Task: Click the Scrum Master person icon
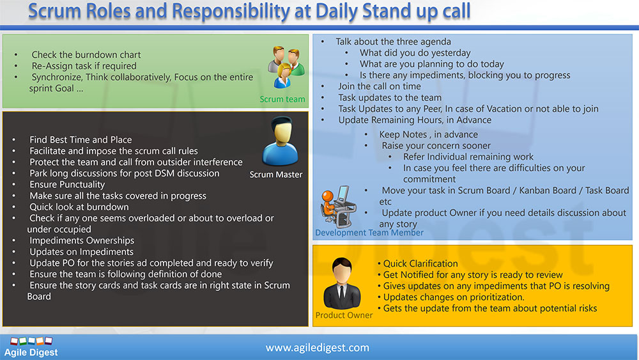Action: pos(280,141)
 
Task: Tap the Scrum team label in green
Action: pos(282,99)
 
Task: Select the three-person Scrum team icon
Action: pos(286,67)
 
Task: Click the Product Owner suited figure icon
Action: pos(342,283)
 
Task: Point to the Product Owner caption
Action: pos(344,315)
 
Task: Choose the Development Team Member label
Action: pos(369,233)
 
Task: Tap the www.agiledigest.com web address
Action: pos(318,348)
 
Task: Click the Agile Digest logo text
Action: pos(31,353)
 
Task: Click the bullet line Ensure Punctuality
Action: pos(67,185)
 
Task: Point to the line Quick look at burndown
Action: pos(79,207)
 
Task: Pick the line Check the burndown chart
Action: pos(86,54)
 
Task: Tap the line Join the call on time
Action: pos(380,86)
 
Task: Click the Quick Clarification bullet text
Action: pos(420,264)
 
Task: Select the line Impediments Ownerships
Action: pos(82,240)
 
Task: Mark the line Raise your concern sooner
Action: pos(436,146)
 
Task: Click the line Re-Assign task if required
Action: pos(84,66)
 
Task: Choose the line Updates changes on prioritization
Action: pos(454,297)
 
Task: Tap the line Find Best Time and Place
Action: pos(81,140)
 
